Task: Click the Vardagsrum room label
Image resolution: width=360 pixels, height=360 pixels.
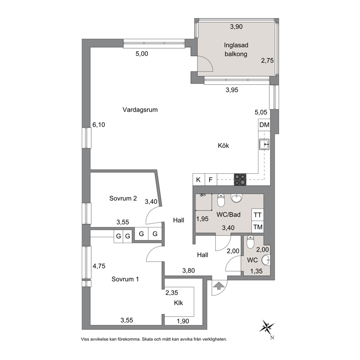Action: tap(140, 110)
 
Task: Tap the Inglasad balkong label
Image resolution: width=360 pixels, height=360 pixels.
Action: tap(236, 50)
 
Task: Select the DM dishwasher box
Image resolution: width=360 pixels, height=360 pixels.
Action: tap(264, 125)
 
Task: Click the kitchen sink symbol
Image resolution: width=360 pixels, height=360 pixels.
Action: tap(264, 144)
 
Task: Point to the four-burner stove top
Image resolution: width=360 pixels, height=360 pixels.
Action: tap(240, 180)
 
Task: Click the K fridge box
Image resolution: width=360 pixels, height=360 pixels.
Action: tap(199, 180)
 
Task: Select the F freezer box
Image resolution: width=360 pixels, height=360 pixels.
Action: tap(210, 180)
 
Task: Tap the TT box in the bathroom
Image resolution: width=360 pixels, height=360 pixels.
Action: tap(258, 215)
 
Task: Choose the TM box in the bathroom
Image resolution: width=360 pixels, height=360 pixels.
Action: tap(258, 227)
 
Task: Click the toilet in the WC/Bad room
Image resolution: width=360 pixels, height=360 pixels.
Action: tap(221, 200)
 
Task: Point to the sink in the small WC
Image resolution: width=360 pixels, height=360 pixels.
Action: tap(267, 260)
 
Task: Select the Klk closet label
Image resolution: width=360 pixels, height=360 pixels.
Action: tap(179, 303)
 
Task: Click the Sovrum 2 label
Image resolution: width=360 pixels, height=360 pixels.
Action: tap(123, 199)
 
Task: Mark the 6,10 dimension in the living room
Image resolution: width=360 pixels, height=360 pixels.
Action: tap(99, 125)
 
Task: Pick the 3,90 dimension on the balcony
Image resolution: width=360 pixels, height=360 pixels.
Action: tap(236, 26)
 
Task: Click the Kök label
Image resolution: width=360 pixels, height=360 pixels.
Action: tap(224, 146)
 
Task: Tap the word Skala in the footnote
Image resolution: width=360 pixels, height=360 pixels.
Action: tap(148, 339)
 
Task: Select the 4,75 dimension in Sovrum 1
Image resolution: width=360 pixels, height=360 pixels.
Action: tap(99, 266)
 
